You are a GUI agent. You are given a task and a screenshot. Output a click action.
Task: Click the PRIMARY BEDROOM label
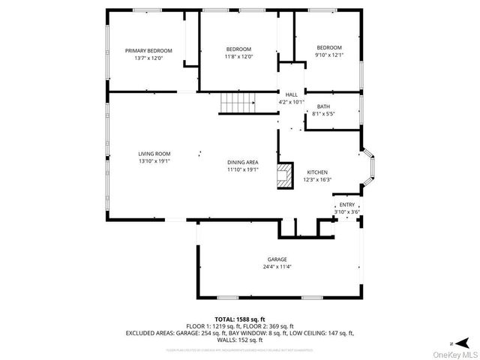point(148,51)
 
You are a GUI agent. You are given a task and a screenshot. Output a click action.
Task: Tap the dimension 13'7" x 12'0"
point(148,58)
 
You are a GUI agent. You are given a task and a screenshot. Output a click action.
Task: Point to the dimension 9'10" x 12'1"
point(328,54)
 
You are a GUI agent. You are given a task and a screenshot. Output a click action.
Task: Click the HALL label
point(291,94)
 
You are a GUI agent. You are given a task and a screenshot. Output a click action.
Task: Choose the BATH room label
point(323,106)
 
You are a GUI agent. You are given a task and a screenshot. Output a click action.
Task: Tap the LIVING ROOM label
point(154,154)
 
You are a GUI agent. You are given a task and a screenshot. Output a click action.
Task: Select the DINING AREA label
point(243,163)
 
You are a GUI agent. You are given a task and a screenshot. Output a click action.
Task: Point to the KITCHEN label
point(315,172)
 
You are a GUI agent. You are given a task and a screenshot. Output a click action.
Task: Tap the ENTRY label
point(347,205)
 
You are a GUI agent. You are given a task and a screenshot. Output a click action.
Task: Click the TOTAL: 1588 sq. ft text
point(240,319)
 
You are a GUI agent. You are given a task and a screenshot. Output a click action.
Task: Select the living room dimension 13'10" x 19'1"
point(154,160)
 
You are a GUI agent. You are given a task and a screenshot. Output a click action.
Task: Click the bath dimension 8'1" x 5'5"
point(323,114)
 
